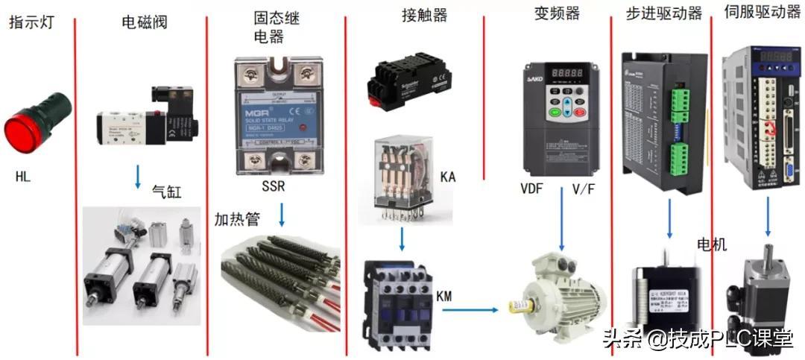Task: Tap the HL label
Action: (x=22, y=177)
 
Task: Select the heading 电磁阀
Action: (x=145, y=22)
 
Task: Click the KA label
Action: (x=449, y=177)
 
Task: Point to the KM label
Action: (x=444, y=297)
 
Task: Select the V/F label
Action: (x=583, y=189)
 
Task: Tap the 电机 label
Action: (x=711, y=244)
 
